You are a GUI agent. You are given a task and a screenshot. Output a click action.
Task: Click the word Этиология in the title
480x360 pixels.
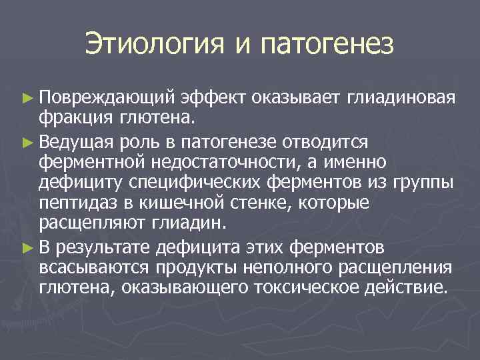pos(154,45)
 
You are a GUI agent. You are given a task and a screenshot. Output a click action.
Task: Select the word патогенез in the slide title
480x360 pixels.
pos(329,45)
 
